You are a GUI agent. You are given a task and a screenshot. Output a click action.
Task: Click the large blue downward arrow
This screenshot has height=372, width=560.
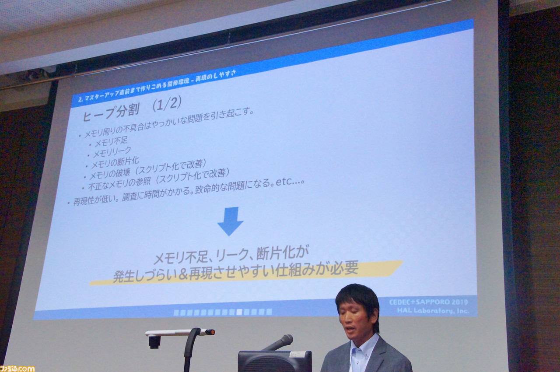pos(230,221)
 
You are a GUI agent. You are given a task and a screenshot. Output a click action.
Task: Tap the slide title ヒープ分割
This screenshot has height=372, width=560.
pos(111,113)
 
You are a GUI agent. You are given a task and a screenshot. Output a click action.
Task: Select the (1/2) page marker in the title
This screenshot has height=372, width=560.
pos(167,104)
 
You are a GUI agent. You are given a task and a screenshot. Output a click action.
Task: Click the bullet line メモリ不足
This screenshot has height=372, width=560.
pos(111,142)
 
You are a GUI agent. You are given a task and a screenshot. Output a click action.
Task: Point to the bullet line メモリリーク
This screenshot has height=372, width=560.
pos(112,152)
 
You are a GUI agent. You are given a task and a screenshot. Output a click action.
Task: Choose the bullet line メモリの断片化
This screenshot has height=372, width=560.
pos(115,163)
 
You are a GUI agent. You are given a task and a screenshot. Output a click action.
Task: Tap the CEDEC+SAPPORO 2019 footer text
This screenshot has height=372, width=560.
pos(428,302)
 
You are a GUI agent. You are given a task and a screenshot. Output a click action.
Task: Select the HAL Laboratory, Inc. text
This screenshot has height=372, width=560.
pos(433,310)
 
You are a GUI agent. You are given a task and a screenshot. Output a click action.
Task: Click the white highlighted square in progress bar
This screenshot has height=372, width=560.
pos(239,312)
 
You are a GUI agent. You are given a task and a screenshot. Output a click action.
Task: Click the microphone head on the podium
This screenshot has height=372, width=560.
pos(286,340)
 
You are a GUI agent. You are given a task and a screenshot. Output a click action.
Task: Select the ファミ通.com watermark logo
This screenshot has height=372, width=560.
pos(17,368)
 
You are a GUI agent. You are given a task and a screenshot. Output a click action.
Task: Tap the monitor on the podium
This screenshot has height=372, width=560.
pos(275,361)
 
